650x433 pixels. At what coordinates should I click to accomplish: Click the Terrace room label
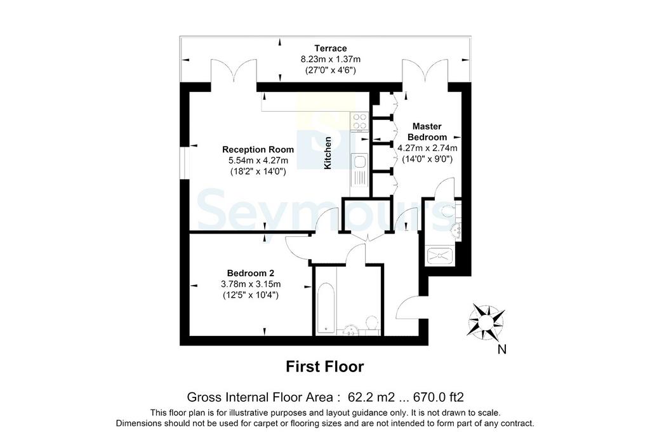[x=330, y=48]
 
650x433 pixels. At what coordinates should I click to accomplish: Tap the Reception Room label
[x=258, y=149]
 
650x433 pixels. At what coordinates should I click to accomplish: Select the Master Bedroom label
[x=427, y=131]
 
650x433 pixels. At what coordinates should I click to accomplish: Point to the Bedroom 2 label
[x=250, y=273]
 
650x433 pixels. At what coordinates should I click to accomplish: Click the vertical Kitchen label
[x=328, y=153]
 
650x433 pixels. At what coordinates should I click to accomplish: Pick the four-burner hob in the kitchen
[x=359, y=121]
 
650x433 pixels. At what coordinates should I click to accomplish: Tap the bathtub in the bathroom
[x=326, y=309]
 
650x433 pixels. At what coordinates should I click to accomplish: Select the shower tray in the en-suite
[x=440, y=255]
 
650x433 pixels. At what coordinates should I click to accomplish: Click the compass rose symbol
[x=486, y=321]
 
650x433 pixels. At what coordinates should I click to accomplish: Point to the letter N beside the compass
[x=501, y=350]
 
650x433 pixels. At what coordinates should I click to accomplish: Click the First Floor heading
[x=325, y=366]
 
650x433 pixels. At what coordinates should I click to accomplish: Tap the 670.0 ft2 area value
[x=439, y=397]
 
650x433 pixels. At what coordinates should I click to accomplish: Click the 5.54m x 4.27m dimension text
[x=258, y=160]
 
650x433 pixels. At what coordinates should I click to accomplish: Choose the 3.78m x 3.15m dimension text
[x=251, y=284]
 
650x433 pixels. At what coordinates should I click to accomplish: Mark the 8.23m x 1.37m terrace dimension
[x=330, y=59]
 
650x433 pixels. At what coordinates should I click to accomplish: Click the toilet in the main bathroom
[x=372, y=325]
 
